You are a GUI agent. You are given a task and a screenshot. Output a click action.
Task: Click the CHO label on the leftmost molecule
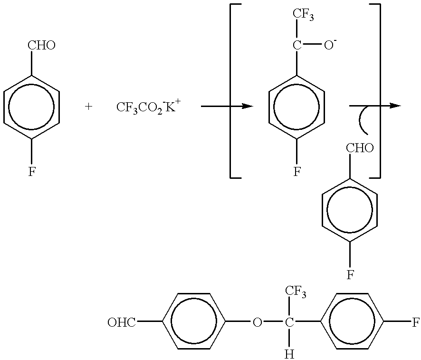point(42,45)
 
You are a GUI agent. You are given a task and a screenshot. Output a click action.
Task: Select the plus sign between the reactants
point(88,107)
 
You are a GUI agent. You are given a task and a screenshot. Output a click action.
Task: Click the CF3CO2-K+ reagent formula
point(147,107)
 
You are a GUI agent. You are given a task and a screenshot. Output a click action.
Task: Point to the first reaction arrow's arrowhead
point(247,107)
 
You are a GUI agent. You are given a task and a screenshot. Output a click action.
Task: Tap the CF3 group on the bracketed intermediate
point(303,14)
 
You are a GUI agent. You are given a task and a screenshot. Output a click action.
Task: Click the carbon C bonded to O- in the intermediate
point(297,45)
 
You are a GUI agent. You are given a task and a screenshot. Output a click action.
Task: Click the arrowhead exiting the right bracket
point(395,106)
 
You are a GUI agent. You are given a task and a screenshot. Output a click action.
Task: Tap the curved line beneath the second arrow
point(361,121)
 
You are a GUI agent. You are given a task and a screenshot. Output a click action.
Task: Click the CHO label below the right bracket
point(360,148)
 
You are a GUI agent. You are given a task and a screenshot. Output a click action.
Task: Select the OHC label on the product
point(122,322)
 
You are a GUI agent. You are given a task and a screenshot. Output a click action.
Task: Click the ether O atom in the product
point(257,322)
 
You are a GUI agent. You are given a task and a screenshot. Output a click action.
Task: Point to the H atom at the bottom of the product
point(289,355)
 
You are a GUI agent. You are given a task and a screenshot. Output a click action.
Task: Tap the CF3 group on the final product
point(296,291)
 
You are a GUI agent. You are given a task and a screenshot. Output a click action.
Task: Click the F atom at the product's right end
point(416,322)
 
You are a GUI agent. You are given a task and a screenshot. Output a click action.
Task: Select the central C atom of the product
point(289,322)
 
